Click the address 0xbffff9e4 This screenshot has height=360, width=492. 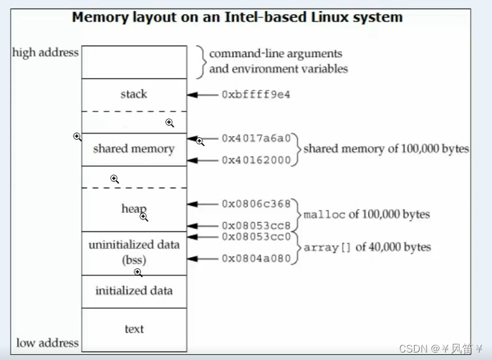click(x=256, y=95)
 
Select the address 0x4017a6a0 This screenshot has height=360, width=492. click(x=256, y=139)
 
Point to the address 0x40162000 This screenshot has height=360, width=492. click(x=256, y=160)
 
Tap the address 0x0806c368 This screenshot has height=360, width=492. click(x=256, y=203)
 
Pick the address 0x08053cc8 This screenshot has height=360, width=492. click(x=256, y=226)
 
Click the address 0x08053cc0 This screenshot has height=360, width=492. click(x=256, y=236)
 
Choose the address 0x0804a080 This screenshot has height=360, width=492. click(x=256, y=258)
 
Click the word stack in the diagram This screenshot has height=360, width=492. click(x=133, y=94)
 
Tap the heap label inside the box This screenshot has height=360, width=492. click(x=133, y=208)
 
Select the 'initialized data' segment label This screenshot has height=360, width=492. click(x=133, y=291)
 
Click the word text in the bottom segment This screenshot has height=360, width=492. click(x=133, y=329)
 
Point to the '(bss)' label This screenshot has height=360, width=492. click(x=133, y=260)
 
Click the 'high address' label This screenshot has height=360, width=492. click(x=46, y=52)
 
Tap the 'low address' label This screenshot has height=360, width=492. click(x=47, y=343)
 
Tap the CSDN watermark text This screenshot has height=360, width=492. click(x=412, y=348)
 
